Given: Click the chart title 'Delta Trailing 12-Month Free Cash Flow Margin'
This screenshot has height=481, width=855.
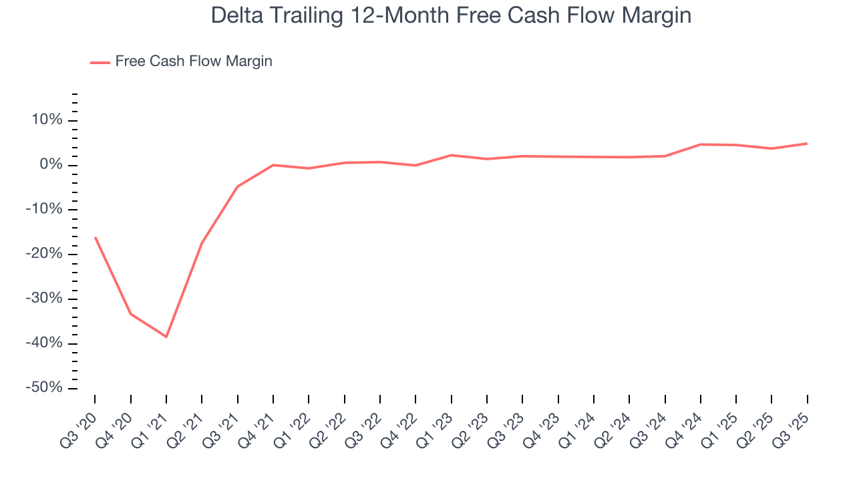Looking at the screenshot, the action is pyautogui.click(x=451, y=15).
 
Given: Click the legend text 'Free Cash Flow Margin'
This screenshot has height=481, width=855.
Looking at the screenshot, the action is pyautogui.click(x=194, y=61).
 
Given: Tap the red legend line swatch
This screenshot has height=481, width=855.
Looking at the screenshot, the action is pyautogui.click(x=100, y=62).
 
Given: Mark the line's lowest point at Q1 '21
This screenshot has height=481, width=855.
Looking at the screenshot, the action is pyautogui.click(x=166, y=337).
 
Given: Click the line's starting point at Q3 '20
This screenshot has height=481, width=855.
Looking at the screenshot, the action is pyautogui.click(x=95, y=237).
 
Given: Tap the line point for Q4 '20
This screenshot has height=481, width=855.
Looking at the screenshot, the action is pyautogui.click(x=130, y=313).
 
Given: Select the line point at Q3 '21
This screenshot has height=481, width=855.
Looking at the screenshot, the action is pyautogui.click(x=237, y=186).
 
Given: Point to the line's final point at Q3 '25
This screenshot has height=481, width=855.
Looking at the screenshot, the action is pyautogui.click(x=807, y=144).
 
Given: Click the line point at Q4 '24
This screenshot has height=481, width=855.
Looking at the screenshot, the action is pyautogui.click(x=701, y=144).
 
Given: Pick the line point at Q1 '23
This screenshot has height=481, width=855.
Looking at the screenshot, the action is pyautogui.click(x=452, y=155).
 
